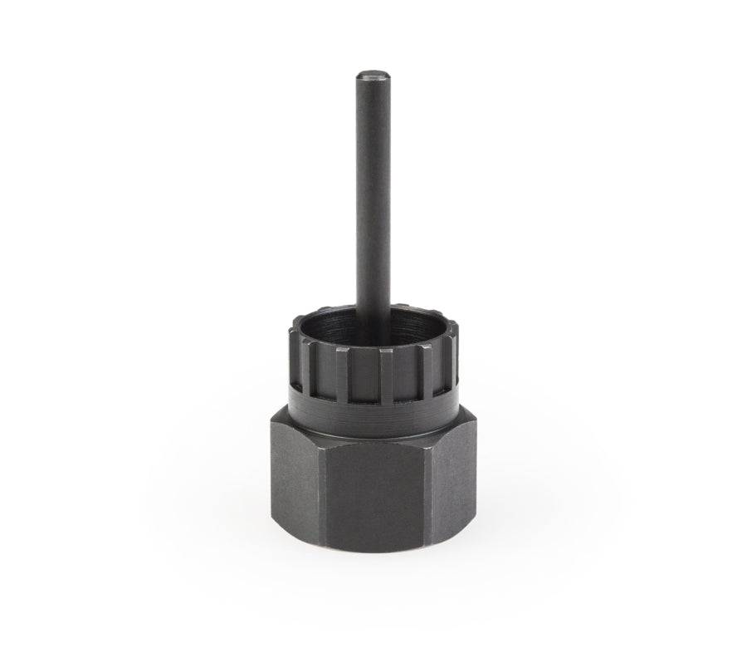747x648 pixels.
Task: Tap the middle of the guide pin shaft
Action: [368, 191]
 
